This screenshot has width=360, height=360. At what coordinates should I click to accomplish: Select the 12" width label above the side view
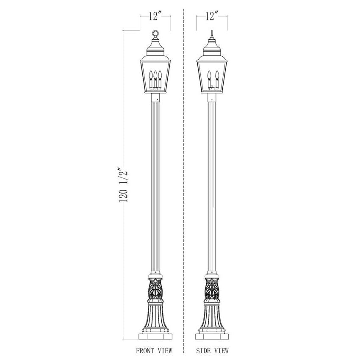(x=212, y=17)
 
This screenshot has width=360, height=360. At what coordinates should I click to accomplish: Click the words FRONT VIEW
(x=154, y=351)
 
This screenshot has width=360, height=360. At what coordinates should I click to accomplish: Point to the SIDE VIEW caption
(x=212, y=351)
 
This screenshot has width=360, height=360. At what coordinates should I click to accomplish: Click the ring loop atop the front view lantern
(x=155, y=33)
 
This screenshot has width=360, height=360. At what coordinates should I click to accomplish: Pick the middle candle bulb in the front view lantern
(x=155, y=75)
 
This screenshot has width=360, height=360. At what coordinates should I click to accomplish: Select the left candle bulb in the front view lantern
(x=151, y=75)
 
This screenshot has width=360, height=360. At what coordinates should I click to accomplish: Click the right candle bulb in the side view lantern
(x=216, y=75)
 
